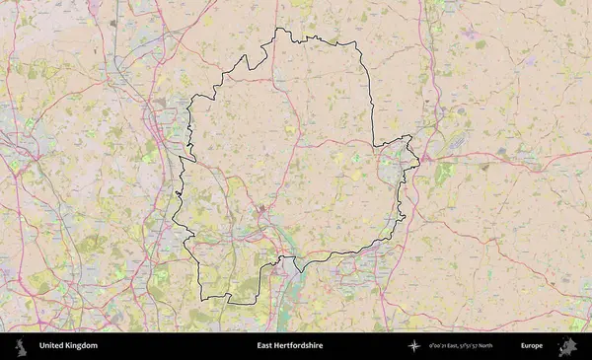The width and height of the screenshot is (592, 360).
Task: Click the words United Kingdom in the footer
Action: click(x=68, y=346)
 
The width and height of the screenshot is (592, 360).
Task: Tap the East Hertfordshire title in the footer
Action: click(x=289, y=346)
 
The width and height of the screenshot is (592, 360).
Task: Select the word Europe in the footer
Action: click(x=532, y=346)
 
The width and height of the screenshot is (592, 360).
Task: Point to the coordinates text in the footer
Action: click(x=461, y=346)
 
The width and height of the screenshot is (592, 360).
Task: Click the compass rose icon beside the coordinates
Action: click(x=413, y=346)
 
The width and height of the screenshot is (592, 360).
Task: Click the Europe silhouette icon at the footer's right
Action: click(x=567, y=346)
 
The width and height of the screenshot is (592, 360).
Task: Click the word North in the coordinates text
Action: click(x=484, y=346)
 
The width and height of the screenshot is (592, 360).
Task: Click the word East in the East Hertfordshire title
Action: click(x=264, y=346)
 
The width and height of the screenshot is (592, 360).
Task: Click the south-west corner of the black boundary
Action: click(x=202, y=298)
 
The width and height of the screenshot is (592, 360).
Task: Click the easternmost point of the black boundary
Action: click(x=419, y=161)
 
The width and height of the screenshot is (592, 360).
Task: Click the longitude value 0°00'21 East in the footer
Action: click(x=443, y=346)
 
